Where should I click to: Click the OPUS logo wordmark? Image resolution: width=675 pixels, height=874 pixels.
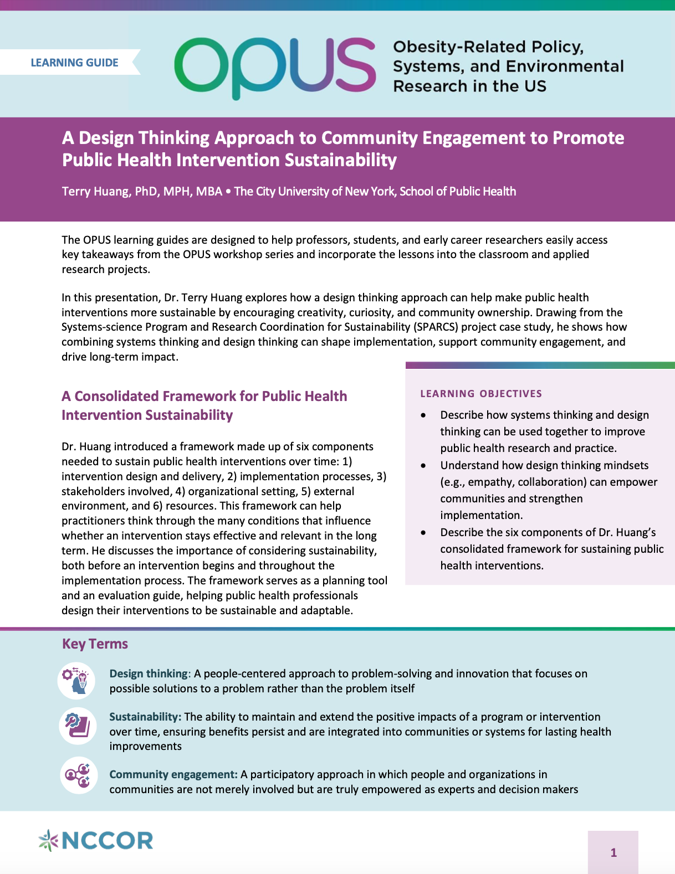click(275, 66)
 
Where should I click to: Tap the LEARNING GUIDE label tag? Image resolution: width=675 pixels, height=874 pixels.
click(74, 63)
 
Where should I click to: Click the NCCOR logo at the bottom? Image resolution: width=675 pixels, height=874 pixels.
click(96, 840)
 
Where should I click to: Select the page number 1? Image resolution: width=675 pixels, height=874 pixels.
click(613, 852)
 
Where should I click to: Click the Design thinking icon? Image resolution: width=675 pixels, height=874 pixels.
click(77, 681)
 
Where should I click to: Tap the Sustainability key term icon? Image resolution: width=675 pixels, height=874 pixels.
click(78, 725)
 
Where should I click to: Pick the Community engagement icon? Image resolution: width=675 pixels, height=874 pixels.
click(78, 775)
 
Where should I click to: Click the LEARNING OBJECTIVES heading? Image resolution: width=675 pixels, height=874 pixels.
click(481, 394)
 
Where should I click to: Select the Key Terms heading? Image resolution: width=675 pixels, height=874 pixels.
click(95, 644)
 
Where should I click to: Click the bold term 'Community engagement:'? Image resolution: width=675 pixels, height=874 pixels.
click(173, 774)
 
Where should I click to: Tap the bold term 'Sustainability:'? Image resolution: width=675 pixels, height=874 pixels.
click(145, 717)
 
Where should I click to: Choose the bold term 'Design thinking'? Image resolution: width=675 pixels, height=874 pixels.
click(149, 674)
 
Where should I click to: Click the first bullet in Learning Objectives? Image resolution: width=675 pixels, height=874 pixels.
click(424, 415)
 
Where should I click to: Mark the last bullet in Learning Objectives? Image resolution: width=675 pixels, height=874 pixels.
click(424, 533)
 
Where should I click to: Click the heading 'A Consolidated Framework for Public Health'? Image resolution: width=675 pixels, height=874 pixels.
click(204, 396)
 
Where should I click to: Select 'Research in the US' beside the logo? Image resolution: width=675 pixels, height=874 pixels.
click(469, 86)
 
